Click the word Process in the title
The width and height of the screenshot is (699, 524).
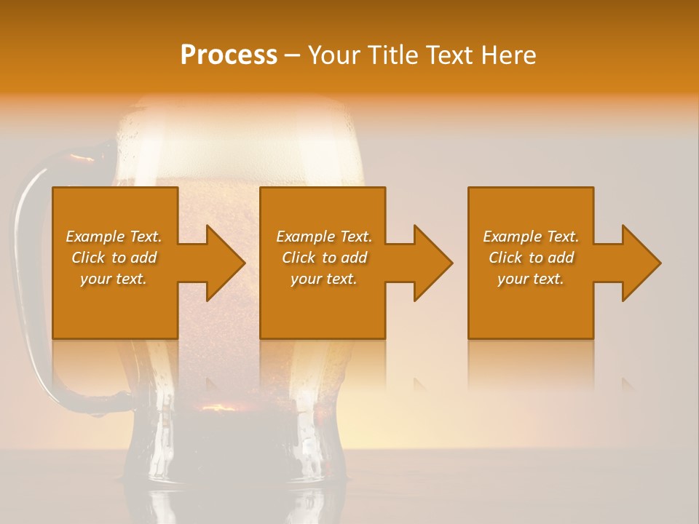click(229, 55)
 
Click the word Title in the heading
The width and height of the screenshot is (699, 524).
click(391, 55)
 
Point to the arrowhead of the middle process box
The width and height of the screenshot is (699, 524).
click(433, 263)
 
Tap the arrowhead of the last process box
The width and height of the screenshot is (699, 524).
click(641, 263)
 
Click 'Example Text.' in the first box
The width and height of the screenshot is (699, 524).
click(114, 237)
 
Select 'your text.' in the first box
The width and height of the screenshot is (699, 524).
click(114, 279)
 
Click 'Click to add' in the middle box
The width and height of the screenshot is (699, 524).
click(324, 258)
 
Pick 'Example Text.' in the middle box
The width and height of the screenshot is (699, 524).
click(324, 237)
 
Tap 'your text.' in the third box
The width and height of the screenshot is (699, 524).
click(530, 279)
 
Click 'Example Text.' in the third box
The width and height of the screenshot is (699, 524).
click(530, 237)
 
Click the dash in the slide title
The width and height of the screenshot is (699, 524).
click(293, 56)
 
